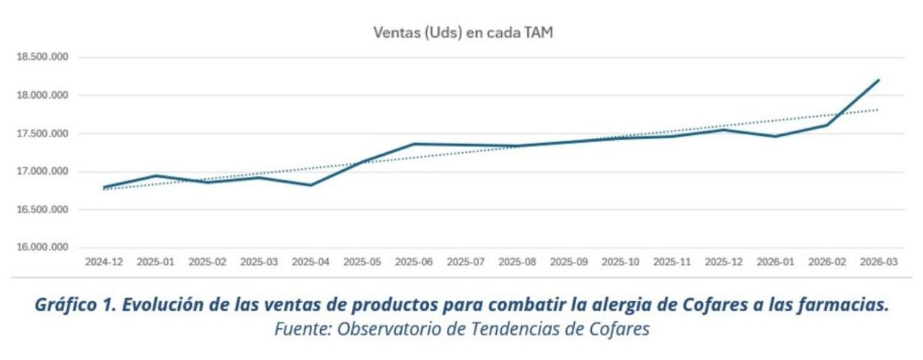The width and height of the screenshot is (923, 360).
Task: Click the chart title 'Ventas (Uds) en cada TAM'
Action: click(x=463, y=32)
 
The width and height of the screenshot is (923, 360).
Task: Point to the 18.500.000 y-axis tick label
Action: click(x=42, y=58)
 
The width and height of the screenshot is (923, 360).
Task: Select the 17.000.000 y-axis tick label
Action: click(x=42, y=172)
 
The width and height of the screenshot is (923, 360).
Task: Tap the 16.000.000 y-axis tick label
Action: click(x=42, y=247)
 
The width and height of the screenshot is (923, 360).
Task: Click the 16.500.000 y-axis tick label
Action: click(x=42, y=210)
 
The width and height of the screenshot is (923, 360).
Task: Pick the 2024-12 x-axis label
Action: click(x=104, y=263)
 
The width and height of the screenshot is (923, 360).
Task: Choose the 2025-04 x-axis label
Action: click(x=311, y=263)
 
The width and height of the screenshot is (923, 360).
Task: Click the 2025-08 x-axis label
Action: click(x=517, y=263)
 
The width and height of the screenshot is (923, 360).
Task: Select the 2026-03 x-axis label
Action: click(x=878, y=263)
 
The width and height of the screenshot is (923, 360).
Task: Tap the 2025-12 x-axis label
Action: click(x=723, y=263)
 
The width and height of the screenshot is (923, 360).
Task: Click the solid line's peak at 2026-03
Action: click(x=879, y=80)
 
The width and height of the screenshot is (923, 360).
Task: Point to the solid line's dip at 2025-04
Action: click(x=311, y=185)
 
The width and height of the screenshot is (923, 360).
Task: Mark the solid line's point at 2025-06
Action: click(x=414, y=144)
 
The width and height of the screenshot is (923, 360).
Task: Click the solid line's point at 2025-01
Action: click(x=156, y=175)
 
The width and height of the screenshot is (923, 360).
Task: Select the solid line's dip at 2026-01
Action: click(x=775, y=136)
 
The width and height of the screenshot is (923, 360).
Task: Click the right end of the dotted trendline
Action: click(x=878, y=110)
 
